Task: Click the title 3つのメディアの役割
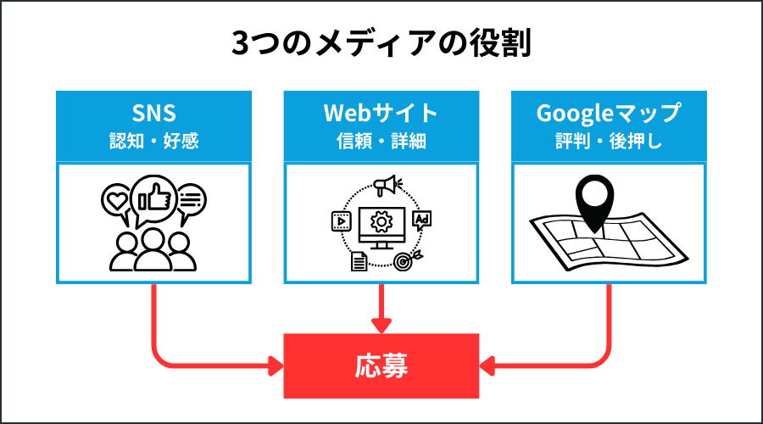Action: pos(381,44)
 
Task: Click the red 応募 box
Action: pos(381,366)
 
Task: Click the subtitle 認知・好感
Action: pos(154,141)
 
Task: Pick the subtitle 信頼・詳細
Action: pos(381,141)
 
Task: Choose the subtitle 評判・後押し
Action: pos(609,141)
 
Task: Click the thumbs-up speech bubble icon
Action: pos(154,198)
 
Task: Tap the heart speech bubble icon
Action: pos(115,201)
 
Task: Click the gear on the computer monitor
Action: pos(381,223)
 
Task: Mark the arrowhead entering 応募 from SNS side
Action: pos(275,366)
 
